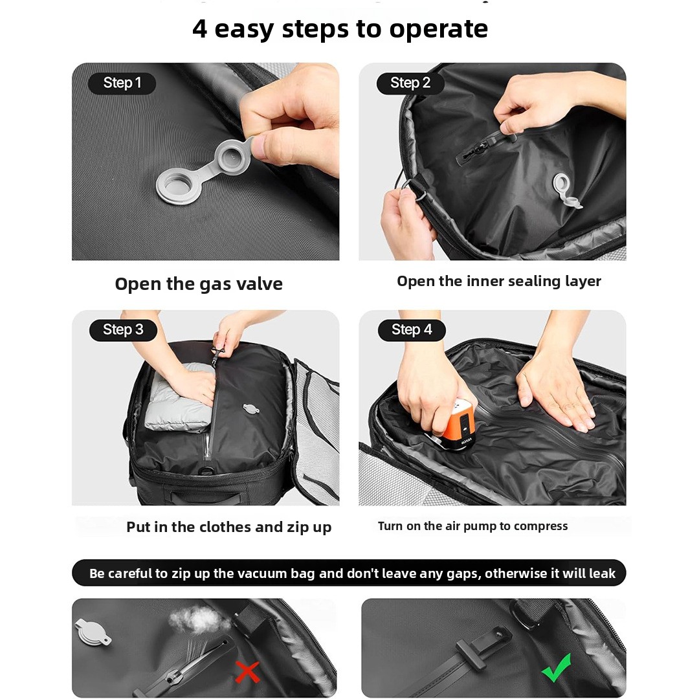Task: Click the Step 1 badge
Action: coord(122,83)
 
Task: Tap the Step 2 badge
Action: coord(410,83)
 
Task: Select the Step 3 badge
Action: coord(123,330)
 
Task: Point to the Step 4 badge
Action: coord(412,330)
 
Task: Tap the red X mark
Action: coord(247,672)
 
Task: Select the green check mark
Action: coord(557,667)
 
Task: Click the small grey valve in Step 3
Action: coord(251,408)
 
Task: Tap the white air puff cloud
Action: coord(197,619)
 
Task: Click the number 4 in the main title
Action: coord(200,29)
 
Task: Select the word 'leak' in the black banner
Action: coord(603,573)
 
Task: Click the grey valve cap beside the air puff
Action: coord(93,631)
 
